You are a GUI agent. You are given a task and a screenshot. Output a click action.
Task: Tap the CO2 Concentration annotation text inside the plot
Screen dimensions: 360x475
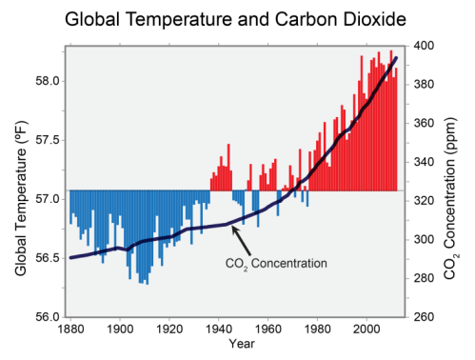pyautogui.click(x=276, y=263)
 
